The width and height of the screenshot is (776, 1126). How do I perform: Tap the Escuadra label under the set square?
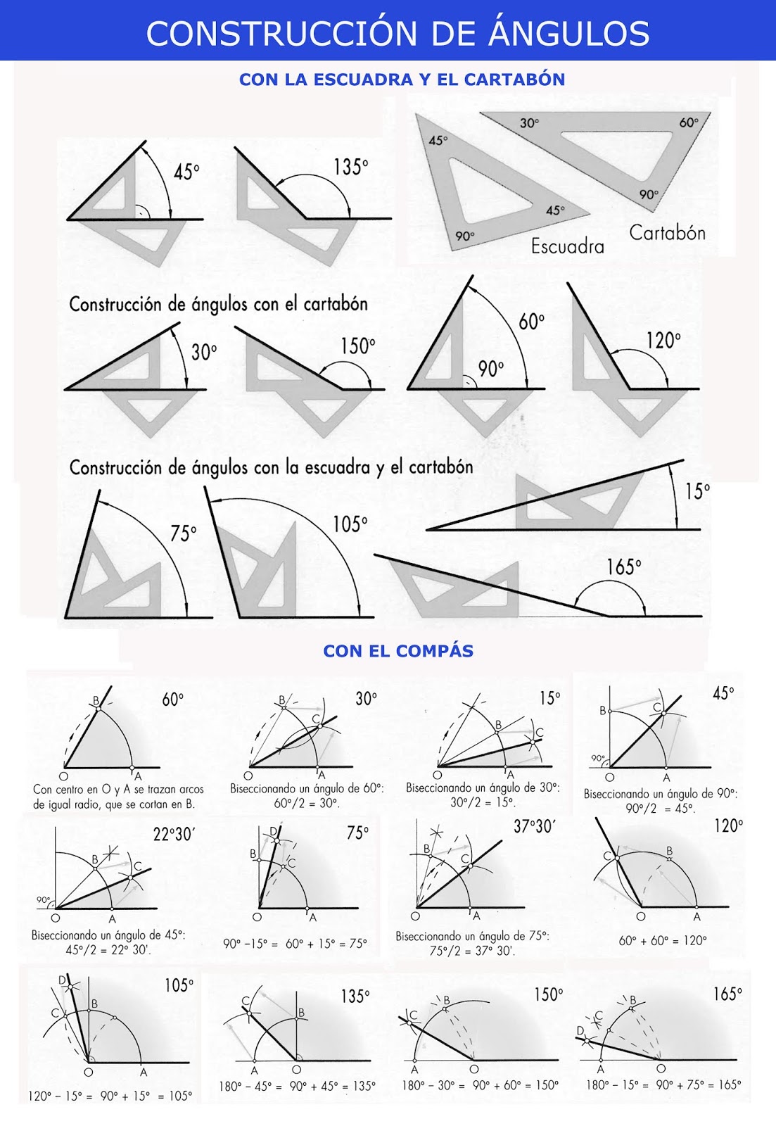click(567, 246)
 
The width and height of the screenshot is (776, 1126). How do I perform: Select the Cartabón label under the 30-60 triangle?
click(667, 233)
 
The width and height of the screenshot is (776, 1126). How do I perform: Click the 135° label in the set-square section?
click(350, 167)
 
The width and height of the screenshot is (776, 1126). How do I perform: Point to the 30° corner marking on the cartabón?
click(529, 123)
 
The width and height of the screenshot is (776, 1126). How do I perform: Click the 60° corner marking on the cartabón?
click(688, 122)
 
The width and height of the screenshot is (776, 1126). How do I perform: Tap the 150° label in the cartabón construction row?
click(357, 346)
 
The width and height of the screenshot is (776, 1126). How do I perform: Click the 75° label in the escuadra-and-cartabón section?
click(183, 534)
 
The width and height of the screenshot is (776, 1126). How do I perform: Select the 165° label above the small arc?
click(624, 567)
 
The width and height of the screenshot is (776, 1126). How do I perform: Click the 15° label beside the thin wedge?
click(697, 491)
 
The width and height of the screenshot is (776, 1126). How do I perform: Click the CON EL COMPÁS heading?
click(398, 651)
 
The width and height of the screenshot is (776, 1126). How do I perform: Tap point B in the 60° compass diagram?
click(96, 701)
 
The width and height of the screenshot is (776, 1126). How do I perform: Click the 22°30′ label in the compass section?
click(173, 835)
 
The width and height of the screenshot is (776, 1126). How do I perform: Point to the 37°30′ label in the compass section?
click(534, 827)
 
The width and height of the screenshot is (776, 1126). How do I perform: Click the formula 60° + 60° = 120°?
click(662, 940)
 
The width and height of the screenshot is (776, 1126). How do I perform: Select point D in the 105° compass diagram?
click(62, 980)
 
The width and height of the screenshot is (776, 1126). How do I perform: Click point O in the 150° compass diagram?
click(474, 1070)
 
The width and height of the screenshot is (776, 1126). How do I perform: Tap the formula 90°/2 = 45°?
click(660, 809)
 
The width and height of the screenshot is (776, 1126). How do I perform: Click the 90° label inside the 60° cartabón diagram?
click(491, 369)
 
